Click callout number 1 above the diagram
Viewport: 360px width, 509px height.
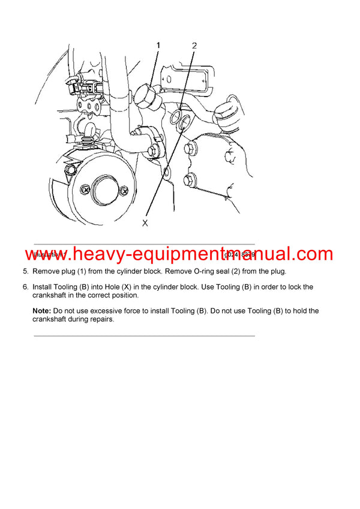pos(158,45)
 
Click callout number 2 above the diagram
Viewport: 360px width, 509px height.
pos(194,45)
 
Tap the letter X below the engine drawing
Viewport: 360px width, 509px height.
pos(145,222)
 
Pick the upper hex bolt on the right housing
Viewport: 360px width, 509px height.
pos(191,149)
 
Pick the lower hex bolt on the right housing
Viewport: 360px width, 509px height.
pos(190,179)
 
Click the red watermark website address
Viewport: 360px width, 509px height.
pos(179,254)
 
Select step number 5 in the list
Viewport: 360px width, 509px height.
pos(25,272)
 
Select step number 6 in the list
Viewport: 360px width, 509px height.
pos(25,287)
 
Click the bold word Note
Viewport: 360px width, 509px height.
pos(42,311)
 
